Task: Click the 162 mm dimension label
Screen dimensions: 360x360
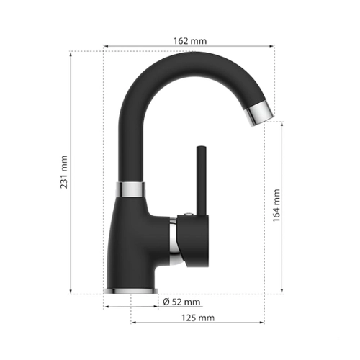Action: click(190, 41)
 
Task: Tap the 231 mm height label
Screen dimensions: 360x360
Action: click(64, 172)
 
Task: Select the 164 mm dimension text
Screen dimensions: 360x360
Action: click(276, 205)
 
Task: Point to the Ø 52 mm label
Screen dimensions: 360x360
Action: click(181, 302)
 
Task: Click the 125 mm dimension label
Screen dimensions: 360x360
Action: click(198, 318)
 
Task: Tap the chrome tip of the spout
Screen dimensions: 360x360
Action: click(259, 113)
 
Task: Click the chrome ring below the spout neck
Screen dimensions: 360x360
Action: click(130, 189)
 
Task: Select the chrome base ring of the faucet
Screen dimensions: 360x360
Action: click(131, 291)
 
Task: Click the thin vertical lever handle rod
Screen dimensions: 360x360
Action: click(201, 181)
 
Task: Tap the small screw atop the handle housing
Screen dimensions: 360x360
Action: click(189, 214)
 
